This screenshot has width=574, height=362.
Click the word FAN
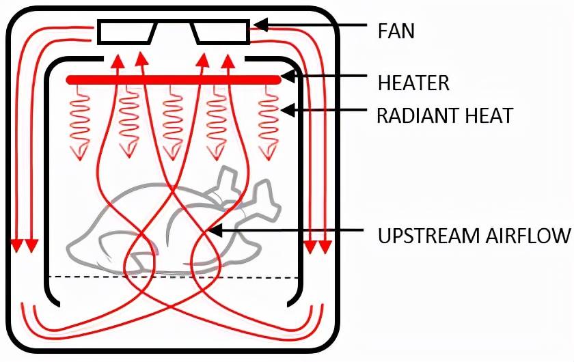point(396,31)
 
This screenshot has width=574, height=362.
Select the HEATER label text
point(413,83)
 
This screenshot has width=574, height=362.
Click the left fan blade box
point(126,31)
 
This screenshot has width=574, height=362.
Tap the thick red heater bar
point(174,80)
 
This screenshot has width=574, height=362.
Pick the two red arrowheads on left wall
point(23,245)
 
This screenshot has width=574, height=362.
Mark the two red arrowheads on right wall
point(318,245)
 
